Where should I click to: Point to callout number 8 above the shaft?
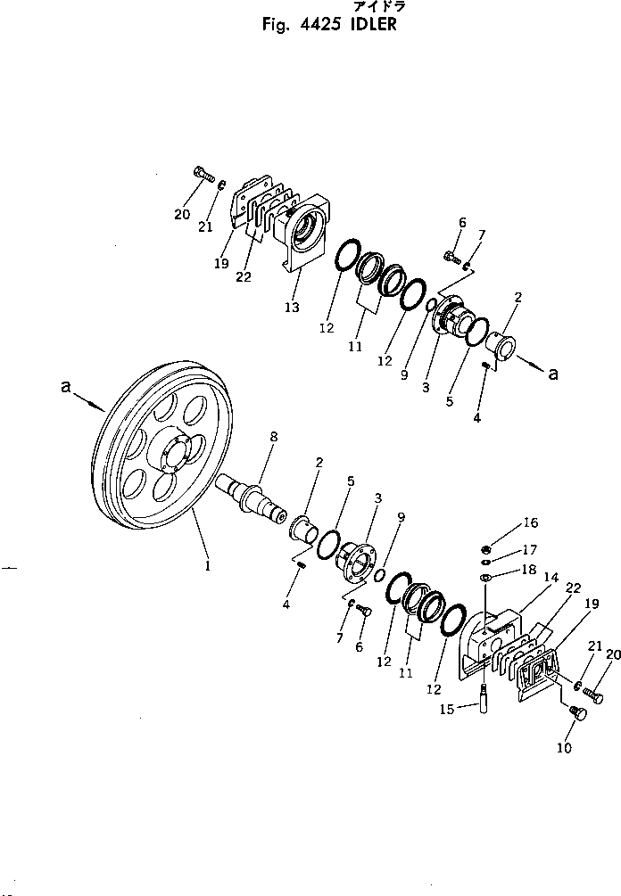click(274, 437)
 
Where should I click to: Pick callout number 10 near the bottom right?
click(564, 748)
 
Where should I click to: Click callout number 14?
click(551, 578)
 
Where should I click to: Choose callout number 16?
click(531, 524)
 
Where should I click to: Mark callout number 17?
click(531, 549)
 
